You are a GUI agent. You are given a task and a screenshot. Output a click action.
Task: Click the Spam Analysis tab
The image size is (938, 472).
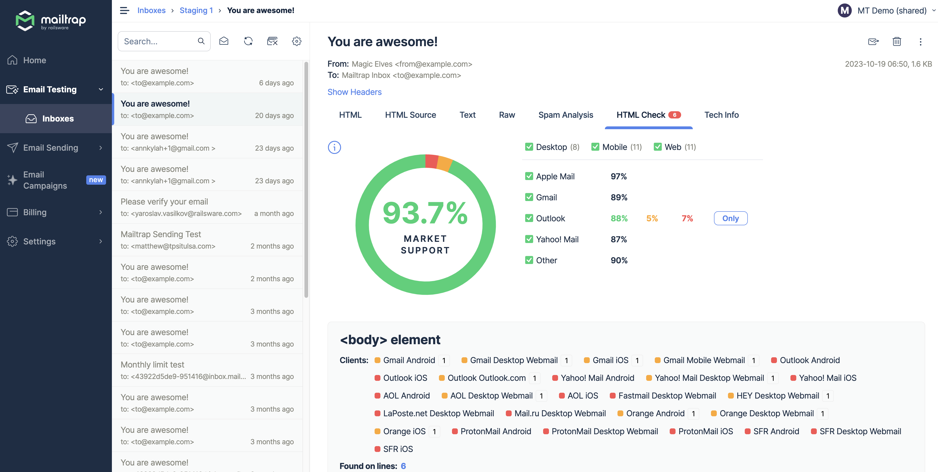[566, 115]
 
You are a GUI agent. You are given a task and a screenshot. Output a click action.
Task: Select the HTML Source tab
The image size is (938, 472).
[410, 115]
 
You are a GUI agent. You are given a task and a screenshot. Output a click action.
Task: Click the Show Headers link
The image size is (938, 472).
[354, 92]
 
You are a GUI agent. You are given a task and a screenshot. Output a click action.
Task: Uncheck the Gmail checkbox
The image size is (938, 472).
[529, 197]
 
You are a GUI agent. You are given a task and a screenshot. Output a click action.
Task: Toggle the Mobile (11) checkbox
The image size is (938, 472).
[595, 147]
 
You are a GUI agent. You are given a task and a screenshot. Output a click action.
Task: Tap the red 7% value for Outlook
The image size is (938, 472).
[687, 219]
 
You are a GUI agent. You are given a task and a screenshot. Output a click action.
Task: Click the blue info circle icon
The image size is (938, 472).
[334, 147]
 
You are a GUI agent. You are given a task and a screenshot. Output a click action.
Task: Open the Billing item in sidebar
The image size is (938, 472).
[35, 212]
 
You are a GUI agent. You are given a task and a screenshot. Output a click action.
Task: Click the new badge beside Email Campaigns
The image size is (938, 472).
[96, 180]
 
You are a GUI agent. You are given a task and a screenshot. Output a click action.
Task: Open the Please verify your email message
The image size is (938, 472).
[207, 207]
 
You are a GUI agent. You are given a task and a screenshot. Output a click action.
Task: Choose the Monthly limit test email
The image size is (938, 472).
[207, 370]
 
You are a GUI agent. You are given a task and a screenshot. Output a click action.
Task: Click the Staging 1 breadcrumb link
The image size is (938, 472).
[196, 10]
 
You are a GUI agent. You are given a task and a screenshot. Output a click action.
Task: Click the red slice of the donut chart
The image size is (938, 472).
[431, 161]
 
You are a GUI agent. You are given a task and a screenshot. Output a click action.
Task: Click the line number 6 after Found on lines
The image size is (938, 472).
[403, 466]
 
